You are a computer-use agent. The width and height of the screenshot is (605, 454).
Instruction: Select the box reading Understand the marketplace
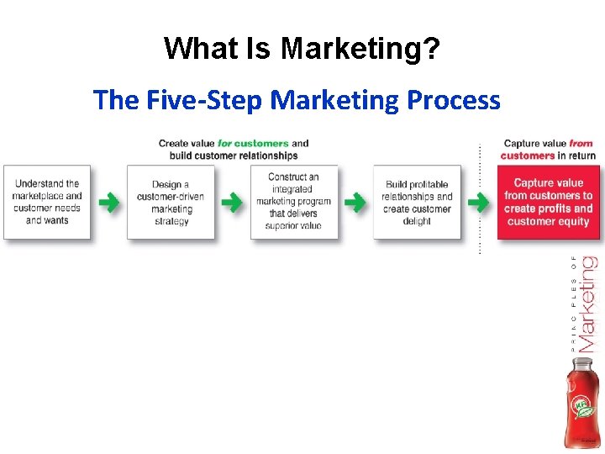[47, 202]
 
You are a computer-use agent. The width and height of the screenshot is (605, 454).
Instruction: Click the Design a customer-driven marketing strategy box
[171, 203]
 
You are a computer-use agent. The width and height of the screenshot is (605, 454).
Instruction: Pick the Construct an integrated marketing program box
[293, 202]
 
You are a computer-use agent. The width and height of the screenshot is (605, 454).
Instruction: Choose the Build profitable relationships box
[417, 203]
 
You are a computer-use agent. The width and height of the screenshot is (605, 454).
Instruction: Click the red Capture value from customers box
[549, 202]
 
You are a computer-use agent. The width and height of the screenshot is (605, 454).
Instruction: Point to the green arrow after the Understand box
[108, 203]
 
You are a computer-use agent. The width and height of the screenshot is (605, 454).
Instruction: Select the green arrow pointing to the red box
[479, 203]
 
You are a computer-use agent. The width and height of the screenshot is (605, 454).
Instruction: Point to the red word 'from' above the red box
[581, 144]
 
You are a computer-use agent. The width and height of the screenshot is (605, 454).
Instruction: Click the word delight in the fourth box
[417, 221]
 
